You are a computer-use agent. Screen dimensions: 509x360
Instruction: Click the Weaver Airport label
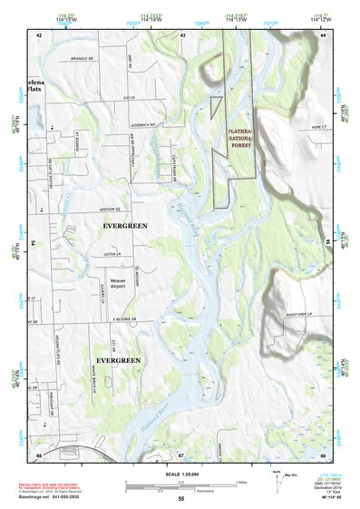pos(118,286)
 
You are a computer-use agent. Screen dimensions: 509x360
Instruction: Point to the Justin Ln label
pos(112,256)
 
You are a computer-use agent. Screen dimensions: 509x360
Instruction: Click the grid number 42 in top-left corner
pos(39,34)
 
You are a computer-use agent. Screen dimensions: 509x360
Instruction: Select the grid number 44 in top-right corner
pos(323,34)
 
